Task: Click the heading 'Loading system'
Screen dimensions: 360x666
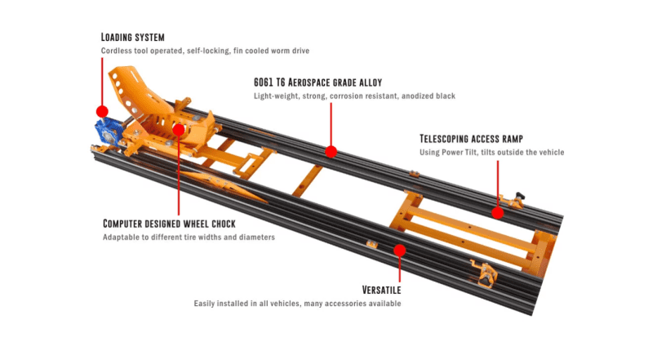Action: pos(132,37)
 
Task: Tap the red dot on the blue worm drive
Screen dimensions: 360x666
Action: pos(102,111)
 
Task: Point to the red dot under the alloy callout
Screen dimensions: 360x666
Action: pos(331,151)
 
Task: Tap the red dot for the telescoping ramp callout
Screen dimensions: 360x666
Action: pos(497,212)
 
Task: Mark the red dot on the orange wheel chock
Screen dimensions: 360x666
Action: pos(178,129)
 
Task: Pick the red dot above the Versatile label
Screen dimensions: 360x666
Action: pos(400,249)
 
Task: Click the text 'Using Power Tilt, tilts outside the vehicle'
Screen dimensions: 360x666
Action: pos(491,153)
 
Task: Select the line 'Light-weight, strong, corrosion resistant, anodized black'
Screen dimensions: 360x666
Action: pos(354,96)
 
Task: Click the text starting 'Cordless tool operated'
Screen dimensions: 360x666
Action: pos(205,51)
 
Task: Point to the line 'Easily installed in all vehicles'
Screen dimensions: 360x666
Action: pos(297,304)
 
